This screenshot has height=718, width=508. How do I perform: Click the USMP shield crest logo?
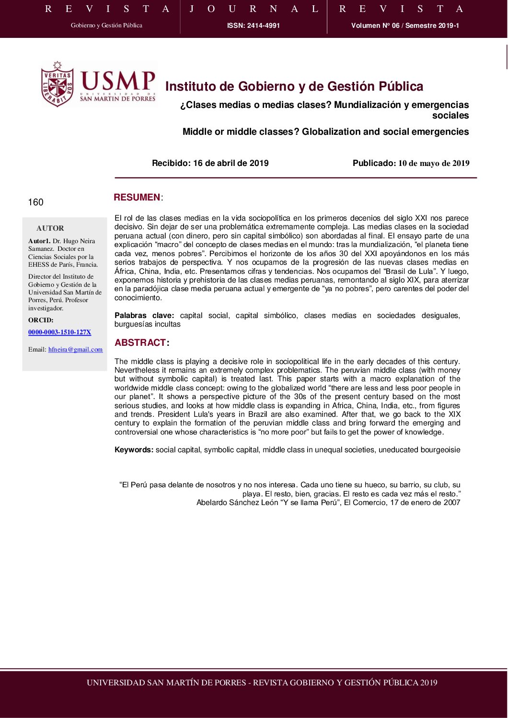click(x=57, y=84)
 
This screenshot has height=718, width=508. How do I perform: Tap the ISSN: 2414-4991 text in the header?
click(x=254, y=25)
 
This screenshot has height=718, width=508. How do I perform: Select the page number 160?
click(x=36, y=202)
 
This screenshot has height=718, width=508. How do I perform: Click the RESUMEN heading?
click(x=137, y=198)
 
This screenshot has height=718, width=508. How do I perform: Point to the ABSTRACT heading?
click(x=140, y=342)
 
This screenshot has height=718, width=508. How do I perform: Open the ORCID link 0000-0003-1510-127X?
click(x=59, y=332)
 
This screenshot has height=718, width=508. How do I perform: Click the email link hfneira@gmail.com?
click(x=75, y=349)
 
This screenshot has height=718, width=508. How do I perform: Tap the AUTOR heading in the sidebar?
click(x=50, y=228)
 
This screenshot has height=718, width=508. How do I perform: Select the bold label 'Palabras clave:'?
click(x=144, y=315)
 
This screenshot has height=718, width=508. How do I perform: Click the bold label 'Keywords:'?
click(x=134, y=449)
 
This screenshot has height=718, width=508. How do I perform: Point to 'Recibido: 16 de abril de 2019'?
click(x=210, y=163)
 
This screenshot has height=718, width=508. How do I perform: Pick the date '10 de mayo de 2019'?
click(x=434, y=163)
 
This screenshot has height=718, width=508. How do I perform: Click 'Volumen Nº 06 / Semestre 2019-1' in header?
click(x=405, y=25)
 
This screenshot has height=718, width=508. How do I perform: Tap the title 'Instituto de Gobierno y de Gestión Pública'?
click(x=294, y=86)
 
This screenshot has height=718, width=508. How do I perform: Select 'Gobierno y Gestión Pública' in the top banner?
click(x=106, y=25)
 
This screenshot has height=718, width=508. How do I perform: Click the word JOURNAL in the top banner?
click(x=254, y=9)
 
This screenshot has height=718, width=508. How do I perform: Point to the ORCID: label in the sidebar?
click(x=41, y=320)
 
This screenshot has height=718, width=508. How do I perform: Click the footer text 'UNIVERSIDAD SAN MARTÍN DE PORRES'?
click(x=166, y=683)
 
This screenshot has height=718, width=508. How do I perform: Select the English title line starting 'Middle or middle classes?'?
click(x=325, y=131)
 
